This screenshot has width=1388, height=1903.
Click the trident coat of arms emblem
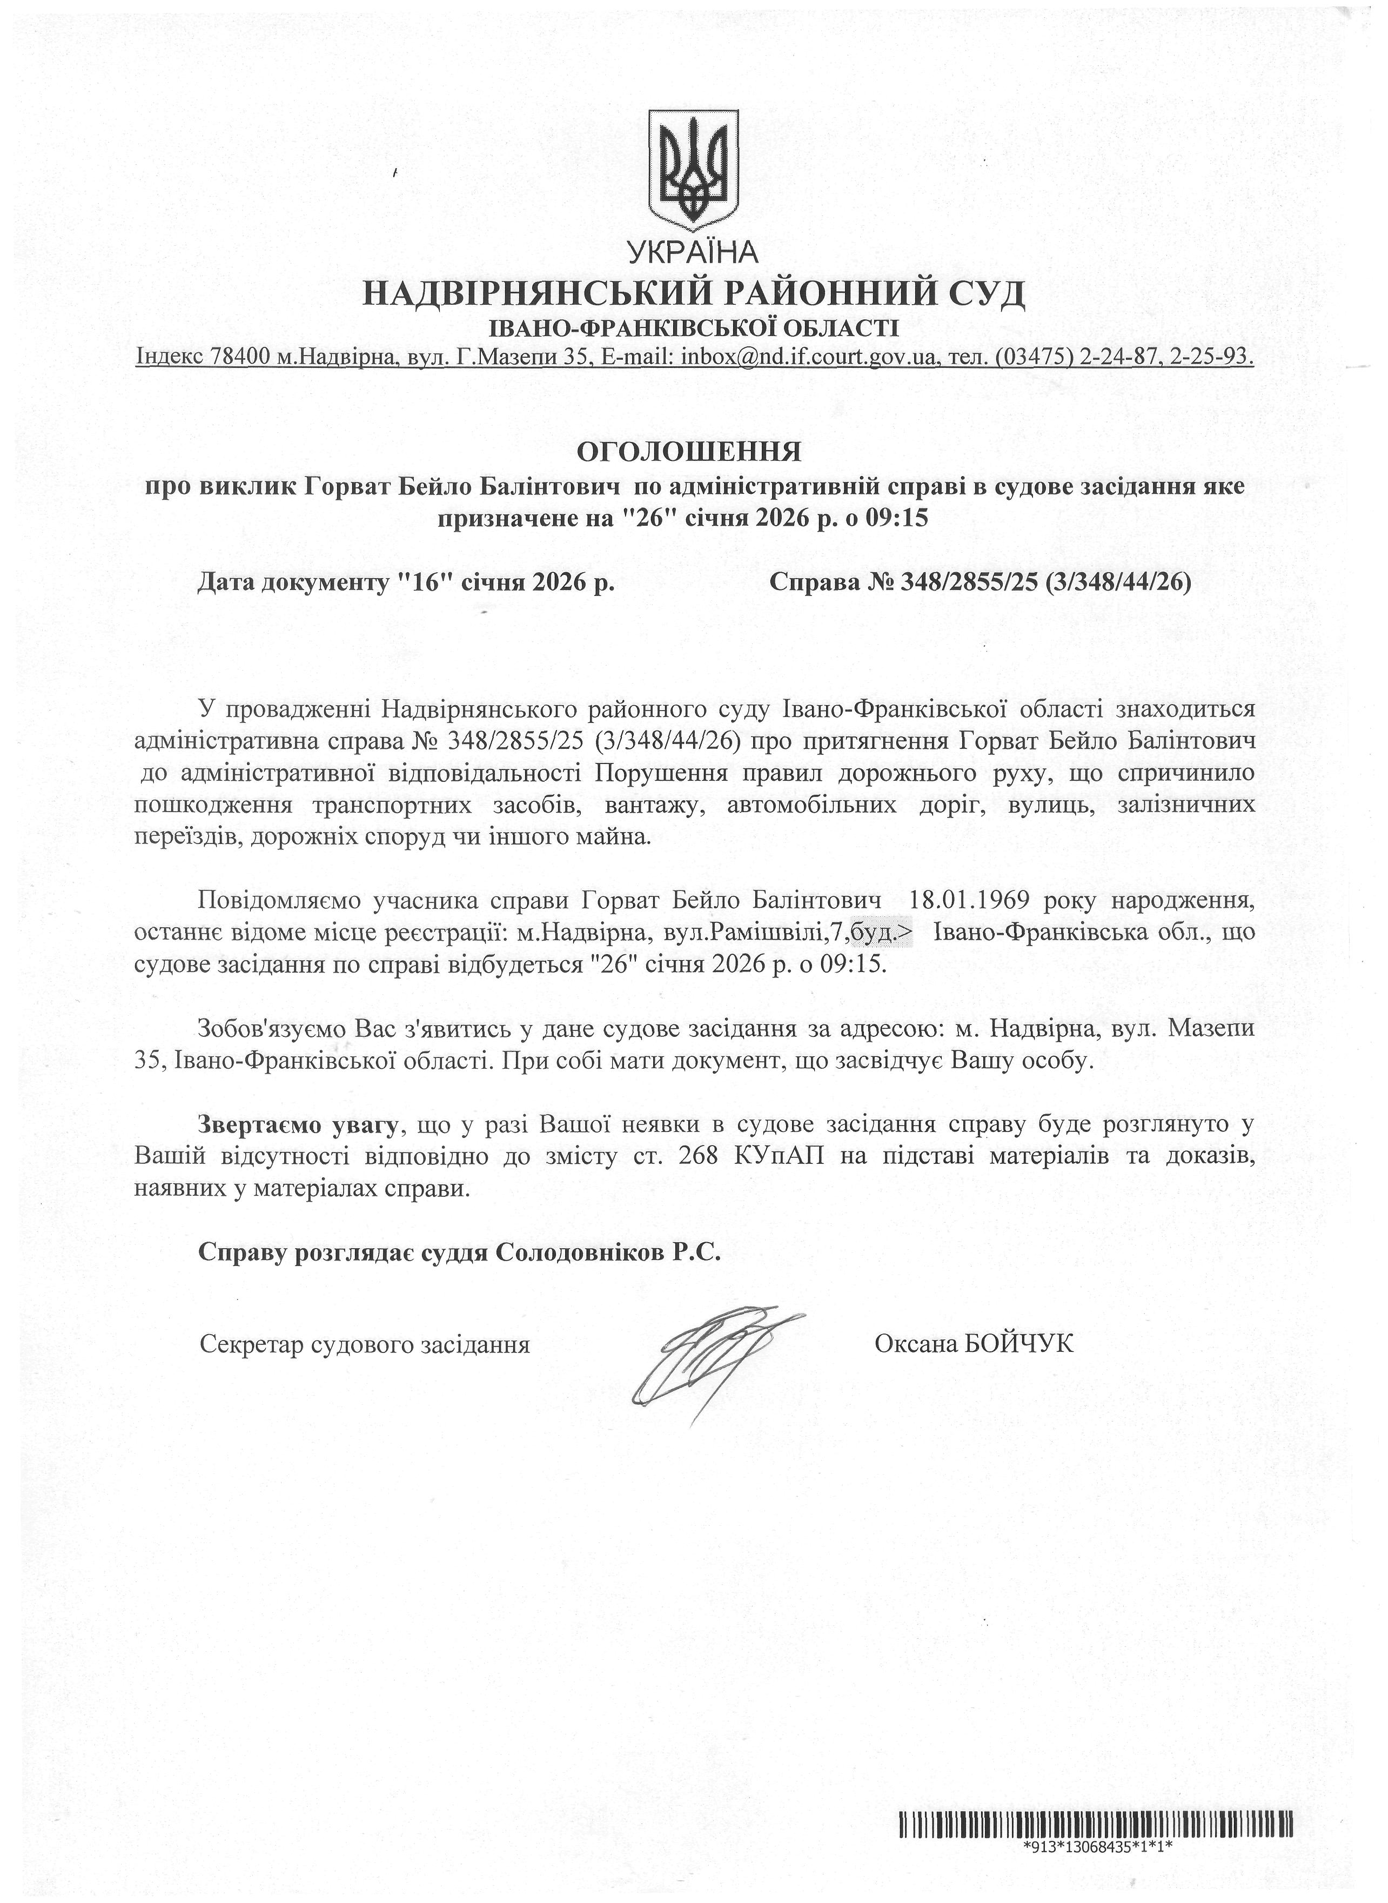coord(694,169)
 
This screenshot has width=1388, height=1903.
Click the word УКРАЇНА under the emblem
coord(693,251)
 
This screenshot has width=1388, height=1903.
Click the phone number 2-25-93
coord(1208,357)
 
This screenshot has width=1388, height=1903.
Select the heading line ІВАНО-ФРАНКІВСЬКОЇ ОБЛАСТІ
coord(694,327)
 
